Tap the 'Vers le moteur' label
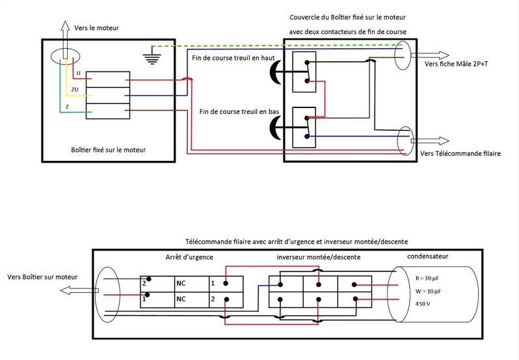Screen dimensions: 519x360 96,28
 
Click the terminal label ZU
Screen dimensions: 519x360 75,89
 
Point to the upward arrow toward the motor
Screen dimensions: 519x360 65,40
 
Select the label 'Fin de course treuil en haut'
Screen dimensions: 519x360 233,58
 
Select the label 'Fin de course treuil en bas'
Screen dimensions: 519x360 239,111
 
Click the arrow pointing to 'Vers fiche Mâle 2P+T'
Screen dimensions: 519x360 430,55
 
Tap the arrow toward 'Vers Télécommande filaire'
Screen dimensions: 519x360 430,141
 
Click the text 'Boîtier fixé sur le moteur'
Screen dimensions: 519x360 108,150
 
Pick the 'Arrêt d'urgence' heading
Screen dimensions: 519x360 189,257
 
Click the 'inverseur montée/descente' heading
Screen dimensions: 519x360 319,257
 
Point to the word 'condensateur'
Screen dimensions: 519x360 428,256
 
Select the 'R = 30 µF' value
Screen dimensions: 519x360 427,278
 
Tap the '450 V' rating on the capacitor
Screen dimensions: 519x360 423,304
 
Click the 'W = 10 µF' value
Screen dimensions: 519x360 429,292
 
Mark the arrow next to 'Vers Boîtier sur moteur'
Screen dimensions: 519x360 79,290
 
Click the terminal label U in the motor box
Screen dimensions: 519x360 79,73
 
